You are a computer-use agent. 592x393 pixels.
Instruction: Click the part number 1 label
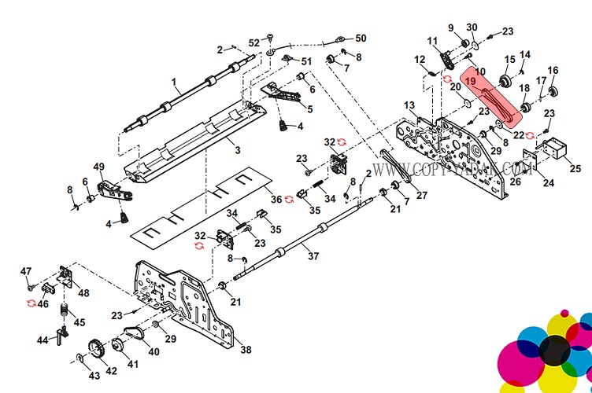pyautogui.click(x=174, y=80)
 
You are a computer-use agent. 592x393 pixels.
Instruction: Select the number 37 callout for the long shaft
pyautogui.click(x=313, y=256)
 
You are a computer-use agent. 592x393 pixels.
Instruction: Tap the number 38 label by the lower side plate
pyautogui.click(x=246, y=351)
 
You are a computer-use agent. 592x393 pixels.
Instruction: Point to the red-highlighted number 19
pyautogui.click(x=470, y=80)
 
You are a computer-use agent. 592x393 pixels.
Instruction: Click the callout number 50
pyautogui.click(x=361, y=38)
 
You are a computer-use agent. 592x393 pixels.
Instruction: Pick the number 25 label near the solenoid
pyautogui.click(x=575, y=168)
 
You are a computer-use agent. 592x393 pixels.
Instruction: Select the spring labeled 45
pyautogui.click(x=65, y=310)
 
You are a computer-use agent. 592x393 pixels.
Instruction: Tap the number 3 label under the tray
pyautogui.click(x=237, y=147)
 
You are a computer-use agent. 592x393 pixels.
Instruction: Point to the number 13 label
pyautogui.click(x=409, y=105)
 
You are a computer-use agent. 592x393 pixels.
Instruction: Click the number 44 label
pyautogui.click(x=41, y=340)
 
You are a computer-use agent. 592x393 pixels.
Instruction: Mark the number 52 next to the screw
pyautogui.click(x=253, y=42)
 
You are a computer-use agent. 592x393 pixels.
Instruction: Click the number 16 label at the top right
pyautogui.click(x=553, y=71)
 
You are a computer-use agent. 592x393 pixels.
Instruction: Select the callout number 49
pyautogui.click(x=99, y=166)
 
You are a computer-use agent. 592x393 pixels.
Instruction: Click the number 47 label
pyautogui.click(x=25, y=271)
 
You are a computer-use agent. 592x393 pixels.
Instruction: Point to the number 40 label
pyautogui.click(x=154, y=351)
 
